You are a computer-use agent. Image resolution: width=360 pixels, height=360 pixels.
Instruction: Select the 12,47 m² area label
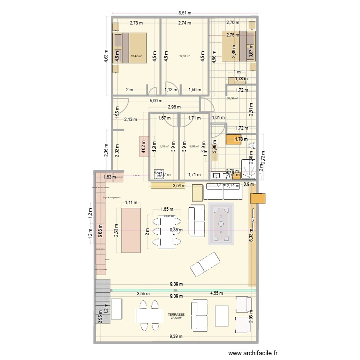tap(136, 56)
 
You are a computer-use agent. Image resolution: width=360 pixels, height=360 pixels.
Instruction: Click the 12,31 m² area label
tap(184, 56)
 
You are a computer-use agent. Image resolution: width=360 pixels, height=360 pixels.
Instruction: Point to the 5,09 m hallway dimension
tap(156, 101)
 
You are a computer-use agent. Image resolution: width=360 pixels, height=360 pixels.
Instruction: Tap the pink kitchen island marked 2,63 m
tap(131, 230)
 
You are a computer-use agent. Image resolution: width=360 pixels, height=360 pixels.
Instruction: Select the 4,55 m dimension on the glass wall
tap(216, 293)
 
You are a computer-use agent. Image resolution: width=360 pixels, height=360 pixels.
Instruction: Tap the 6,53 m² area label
tap(164, 147)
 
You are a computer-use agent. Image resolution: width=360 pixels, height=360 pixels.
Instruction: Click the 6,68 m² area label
tap(194, 147)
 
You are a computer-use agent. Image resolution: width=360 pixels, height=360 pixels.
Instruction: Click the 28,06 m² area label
tap(232, 99)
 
